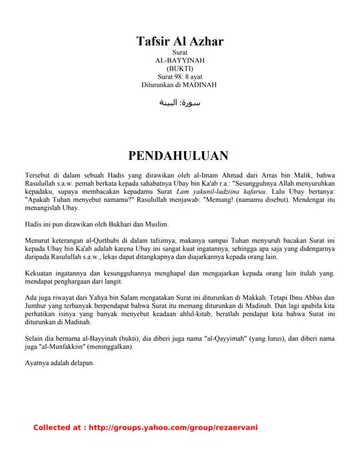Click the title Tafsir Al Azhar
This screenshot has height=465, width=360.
click(x=180, y=41)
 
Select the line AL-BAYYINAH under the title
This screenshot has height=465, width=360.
click(x=180, y=61)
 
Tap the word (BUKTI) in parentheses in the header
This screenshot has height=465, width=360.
click(x=180, y=69)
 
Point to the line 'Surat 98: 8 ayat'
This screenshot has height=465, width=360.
click(x=180, y=77)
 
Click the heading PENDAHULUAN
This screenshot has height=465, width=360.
click(x=179, y=156)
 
